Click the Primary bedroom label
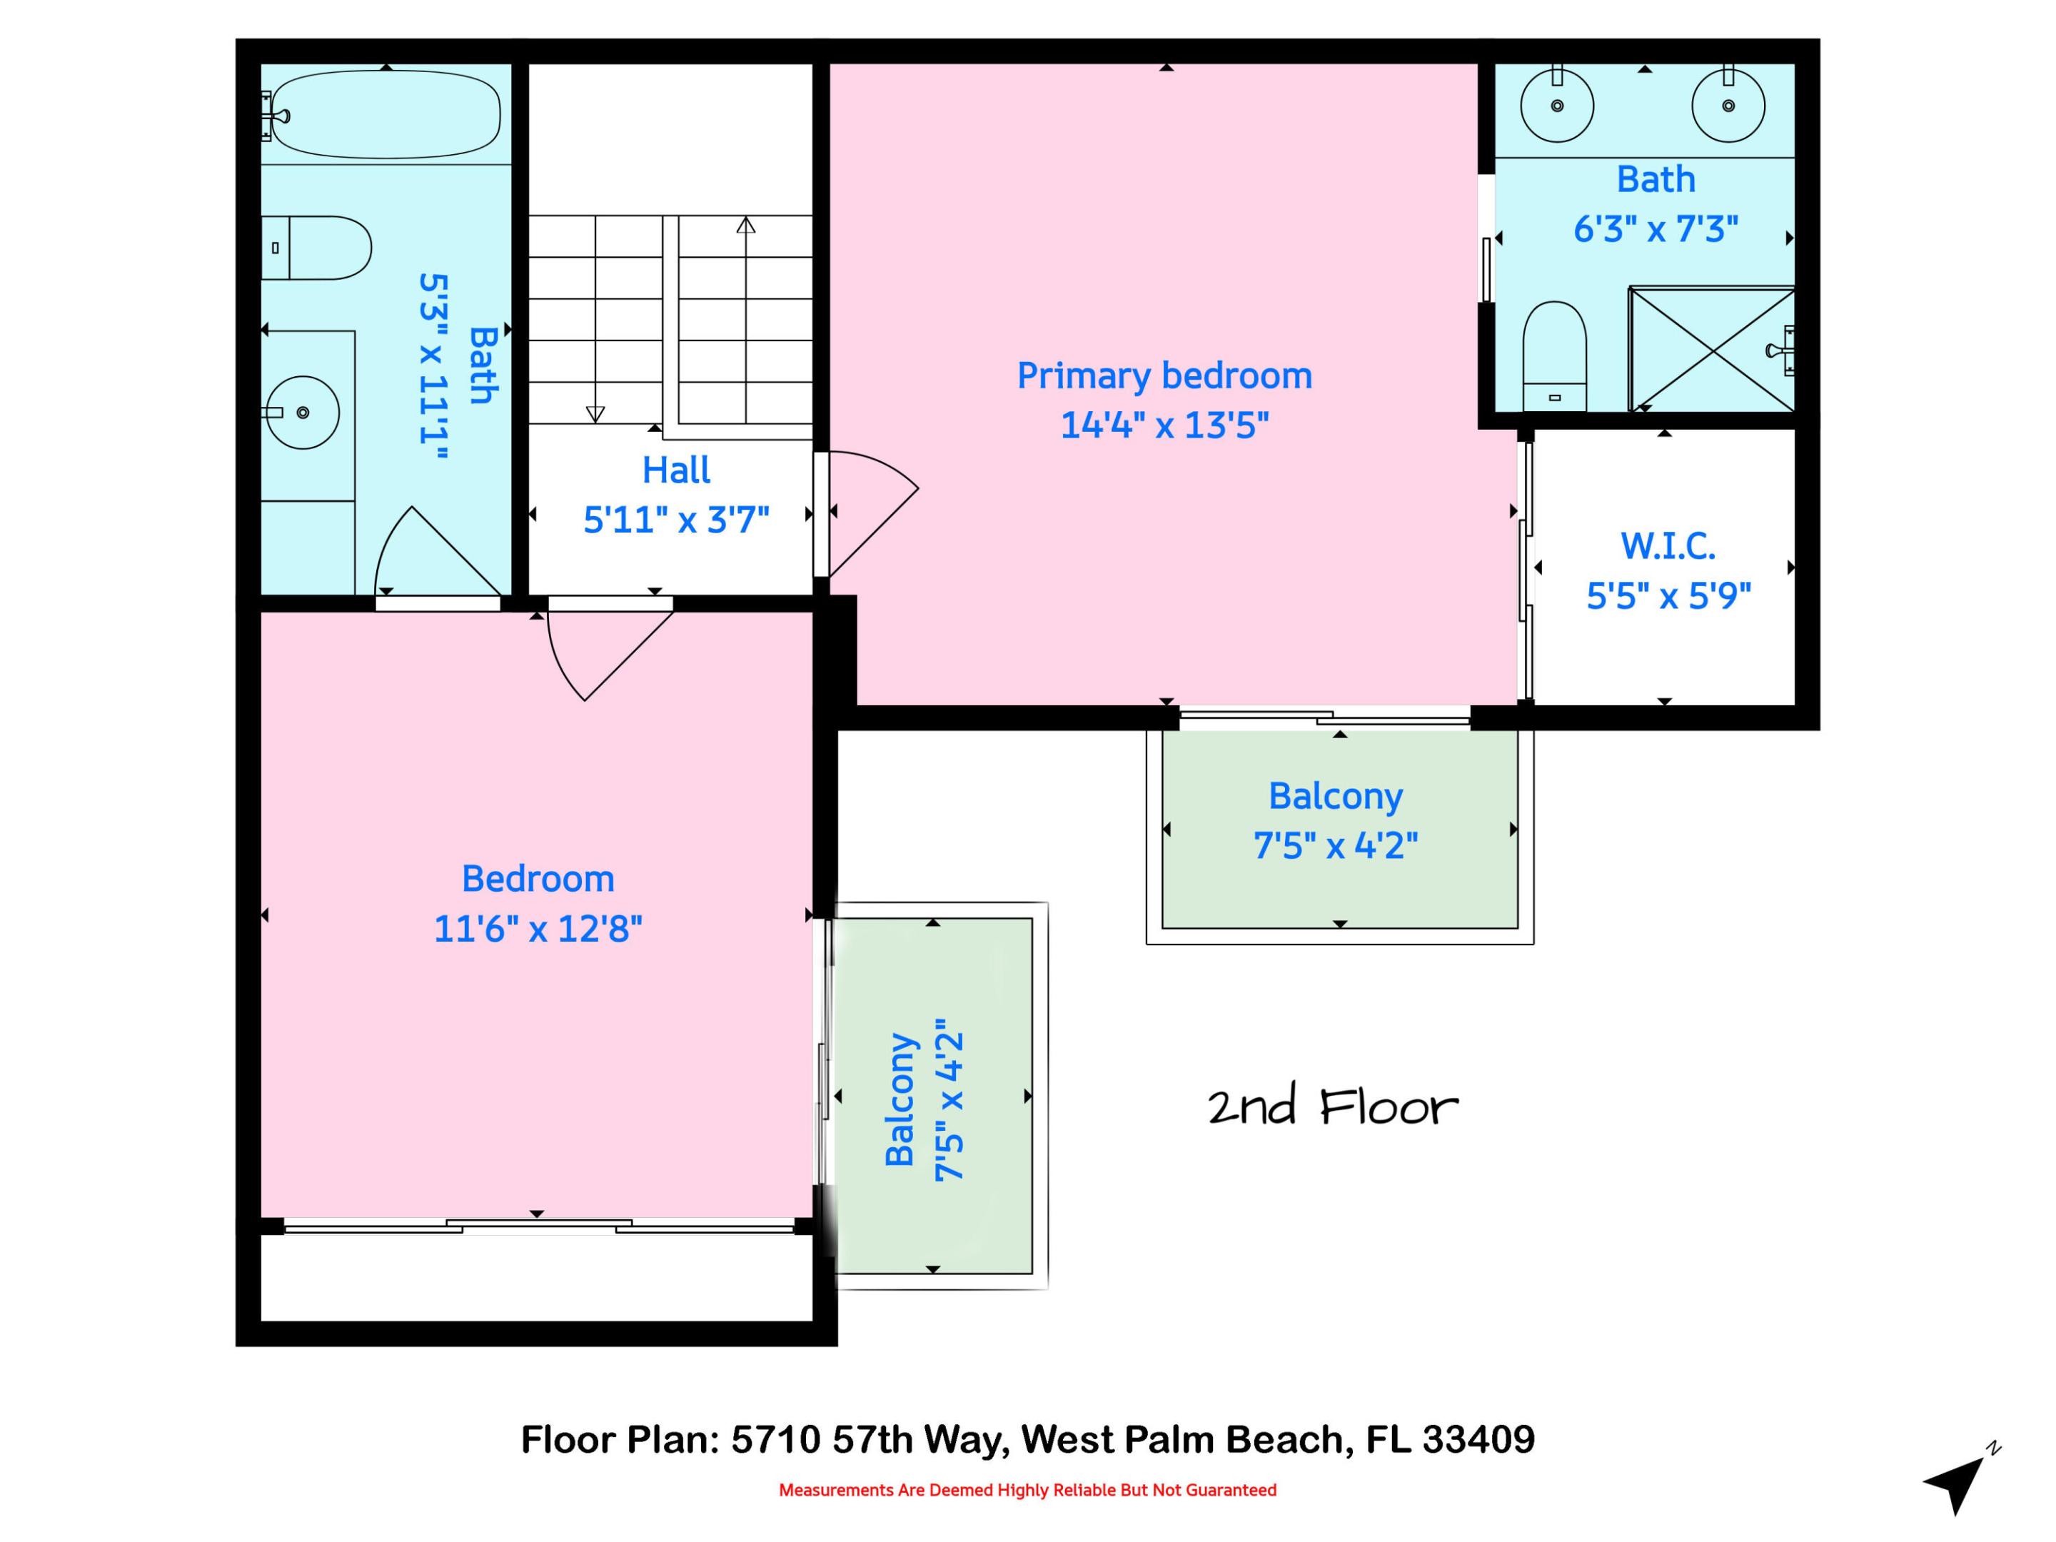coord(1164,376)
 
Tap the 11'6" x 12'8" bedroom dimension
coord(538,929)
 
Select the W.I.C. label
coord(1668,545)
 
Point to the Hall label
coord(676,470)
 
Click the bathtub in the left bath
coord(385,114)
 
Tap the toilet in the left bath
coord(318,248)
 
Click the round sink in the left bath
coord(303,412)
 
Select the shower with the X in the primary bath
coord(1710,350)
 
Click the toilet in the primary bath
coord(1554,353)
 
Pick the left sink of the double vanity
coord(1557,106)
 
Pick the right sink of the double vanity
coord(1728,106)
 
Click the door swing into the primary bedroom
coord(869,511)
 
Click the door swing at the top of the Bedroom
coord(604,650)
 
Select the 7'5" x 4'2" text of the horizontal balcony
coord(1336,846)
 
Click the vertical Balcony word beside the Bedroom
coord(899,1099)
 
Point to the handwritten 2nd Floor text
coord(1332,1107)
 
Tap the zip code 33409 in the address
coord(1478,1440)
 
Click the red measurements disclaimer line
coord(1027,1490)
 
